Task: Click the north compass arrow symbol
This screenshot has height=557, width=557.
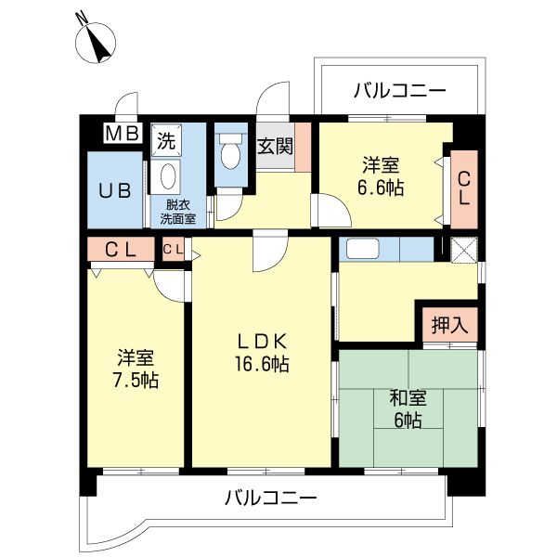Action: pyautogui.click(x=96, y=40)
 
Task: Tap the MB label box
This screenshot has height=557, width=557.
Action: pyautogui.click(x=122, y=134)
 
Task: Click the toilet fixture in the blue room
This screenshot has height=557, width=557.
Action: pyautogui.click(x=229, y=152)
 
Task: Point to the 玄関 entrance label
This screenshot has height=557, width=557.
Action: pyautogui.click(x=276, y=146)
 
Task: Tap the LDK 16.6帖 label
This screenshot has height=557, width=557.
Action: pyautogui.click(x=261, y=351)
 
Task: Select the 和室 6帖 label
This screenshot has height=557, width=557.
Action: pyautogui.click(x=408, y=408)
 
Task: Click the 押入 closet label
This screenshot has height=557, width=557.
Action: pyautogui.click(x=450, y=326)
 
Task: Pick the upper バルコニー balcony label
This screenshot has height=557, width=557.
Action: pyautogui.click(x=400, y=91)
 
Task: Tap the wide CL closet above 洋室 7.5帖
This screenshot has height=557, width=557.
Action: pyautogui.click(x=121, y=250)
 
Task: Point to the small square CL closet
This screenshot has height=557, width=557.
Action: pyautogui.click(x=173, y=250)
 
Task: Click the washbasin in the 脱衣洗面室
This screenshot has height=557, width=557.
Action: pyautogui.click(x=168, y=175)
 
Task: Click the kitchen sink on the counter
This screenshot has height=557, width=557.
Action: pyautogui.click(x=360, y=249)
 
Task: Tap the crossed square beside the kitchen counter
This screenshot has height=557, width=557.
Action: pyautogui.click(x=461, y=249)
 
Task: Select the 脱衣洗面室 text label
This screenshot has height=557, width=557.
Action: pyautogui.click(x=175, y=212)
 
